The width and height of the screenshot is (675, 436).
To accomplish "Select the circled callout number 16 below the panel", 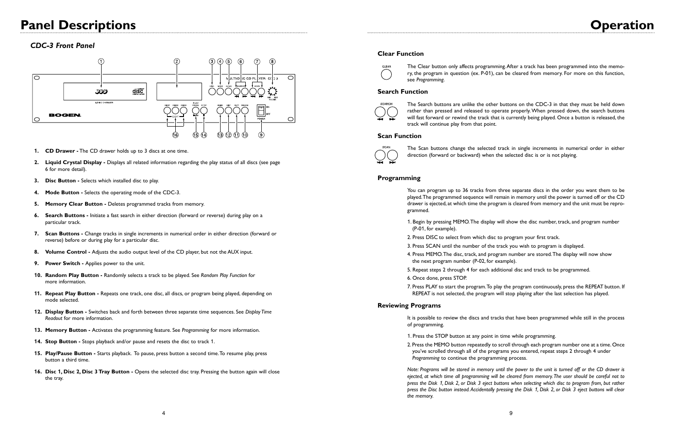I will (x=175, y=135).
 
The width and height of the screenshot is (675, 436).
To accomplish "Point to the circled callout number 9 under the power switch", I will (x=261, y=135).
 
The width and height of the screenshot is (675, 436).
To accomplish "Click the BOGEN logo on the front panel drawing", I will (x=65, y=115).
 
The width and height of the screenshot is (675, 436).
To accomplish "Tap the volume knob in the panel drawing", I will (x=273, y=91).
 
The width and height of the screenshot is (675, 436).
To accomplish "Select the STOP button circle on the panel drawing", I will (x=204, y=110).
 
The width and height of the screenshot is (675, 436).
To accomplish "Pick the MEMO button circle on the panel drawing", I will (x=220, y=110).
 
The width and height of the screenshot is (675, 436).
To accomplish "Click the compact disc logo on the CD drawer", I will (x=138, y=91).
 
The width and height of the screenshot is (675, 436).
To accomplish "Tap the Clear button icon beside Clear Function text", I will (x=386, y=74).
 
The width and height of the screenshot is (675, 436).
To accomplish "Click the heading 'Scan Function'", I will (x=399, y=136).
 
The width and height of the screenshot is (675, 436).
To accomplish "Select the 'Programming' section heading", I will (x=399, y=178).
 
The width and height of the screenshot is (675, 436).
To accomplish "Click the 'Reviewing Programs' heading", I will (x=409, y=305).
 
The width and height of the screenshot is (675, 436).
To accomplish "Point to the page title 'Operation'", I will (x=621, y=25).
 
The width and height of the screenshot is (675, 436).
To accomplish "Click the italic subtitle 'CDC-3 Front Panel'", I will (x=62, y=45).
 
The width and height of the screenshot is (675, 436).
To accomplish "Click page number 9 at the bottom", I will (x=511, y=413).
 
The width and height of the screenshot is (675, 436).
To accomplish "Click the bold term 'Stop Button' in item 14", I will (x=62, y=341).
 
